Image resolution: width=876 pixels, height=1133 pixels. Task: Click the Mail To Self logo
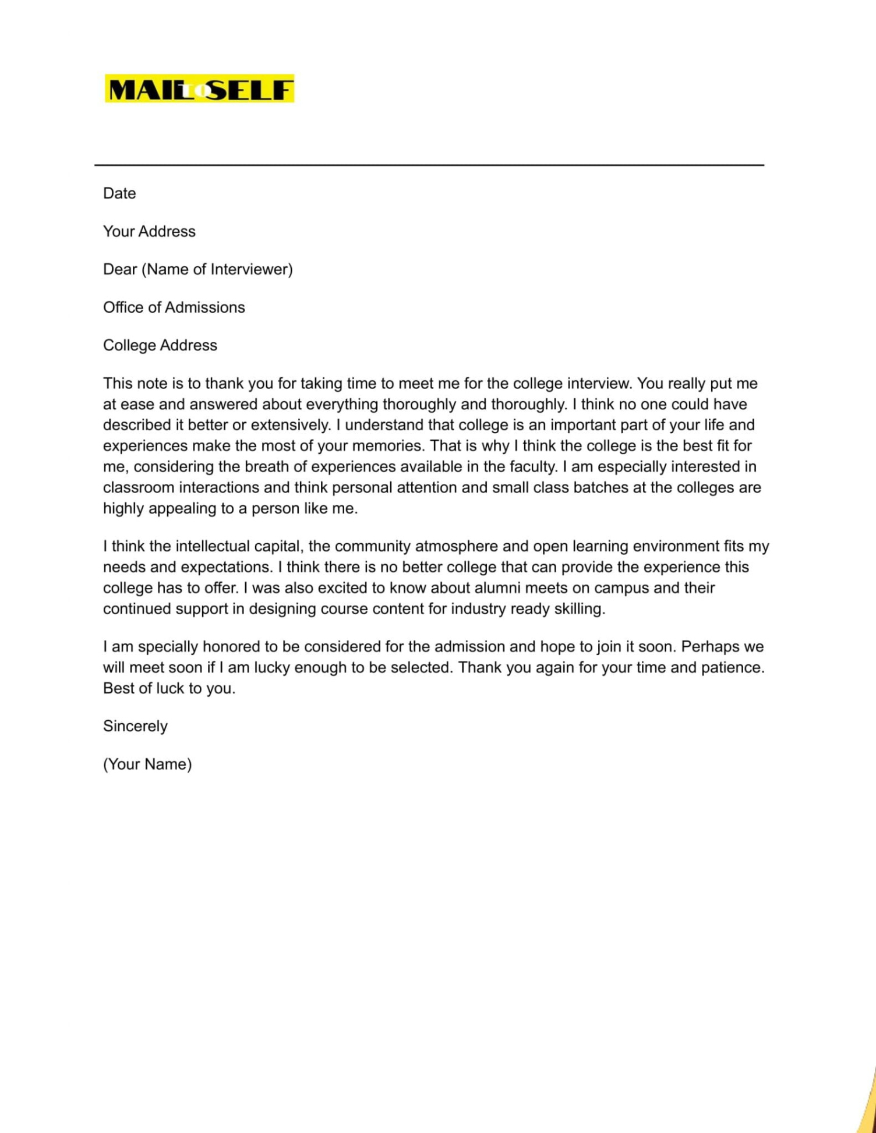(x=199, y=88)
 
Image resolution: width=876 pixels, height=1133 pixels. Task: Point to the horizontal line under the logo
(x=429, y=165)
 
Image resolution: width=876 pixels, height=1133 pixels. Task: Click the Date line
(x=119, y=193)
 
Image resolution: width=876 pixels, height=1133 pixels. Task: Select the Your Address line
(x=149, y=232)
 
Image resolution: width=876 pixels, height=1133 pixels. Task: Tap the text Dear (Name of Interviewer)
(x=198, y=270)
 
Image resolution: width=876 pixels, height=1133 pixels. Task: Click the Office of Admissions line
(x=174, y=307)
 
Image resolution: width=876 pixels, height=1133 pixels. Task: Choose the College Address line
(x=160, y=345)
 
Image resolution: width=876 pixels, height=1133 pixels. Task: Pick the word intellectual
(x=213, y=547)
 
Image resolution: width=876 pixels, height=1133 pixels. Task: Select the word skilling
(x=577, y=609)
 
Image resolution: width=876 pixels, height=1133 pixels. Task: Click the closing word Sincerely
(x=135, y=727)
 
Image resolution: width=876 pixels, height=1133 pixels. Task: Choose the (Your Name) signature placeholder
(x=147, y=764)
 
